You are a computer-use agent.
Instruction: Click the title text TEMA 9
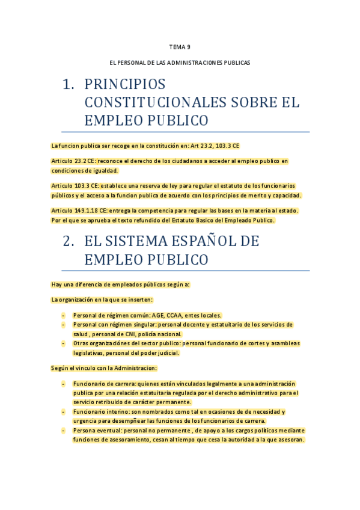pyautogui.click(x=180, y=46)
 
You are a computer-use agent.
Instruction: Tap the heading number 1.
pyautogui.click(x=68, y=85)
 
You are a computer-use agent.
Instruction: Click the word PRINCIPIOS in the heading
pyautogui.click(x=125, y=85)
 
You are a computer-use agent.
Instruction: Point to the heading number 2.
pyautogui.click(x=68, y=242)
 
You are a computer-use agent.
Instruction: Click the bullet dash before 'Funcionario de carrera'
pyautogui.click(x=64, y=383)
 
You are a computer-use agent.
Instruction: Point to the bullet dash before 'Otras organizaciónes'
pyautogui.click(x=64, y=343)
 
